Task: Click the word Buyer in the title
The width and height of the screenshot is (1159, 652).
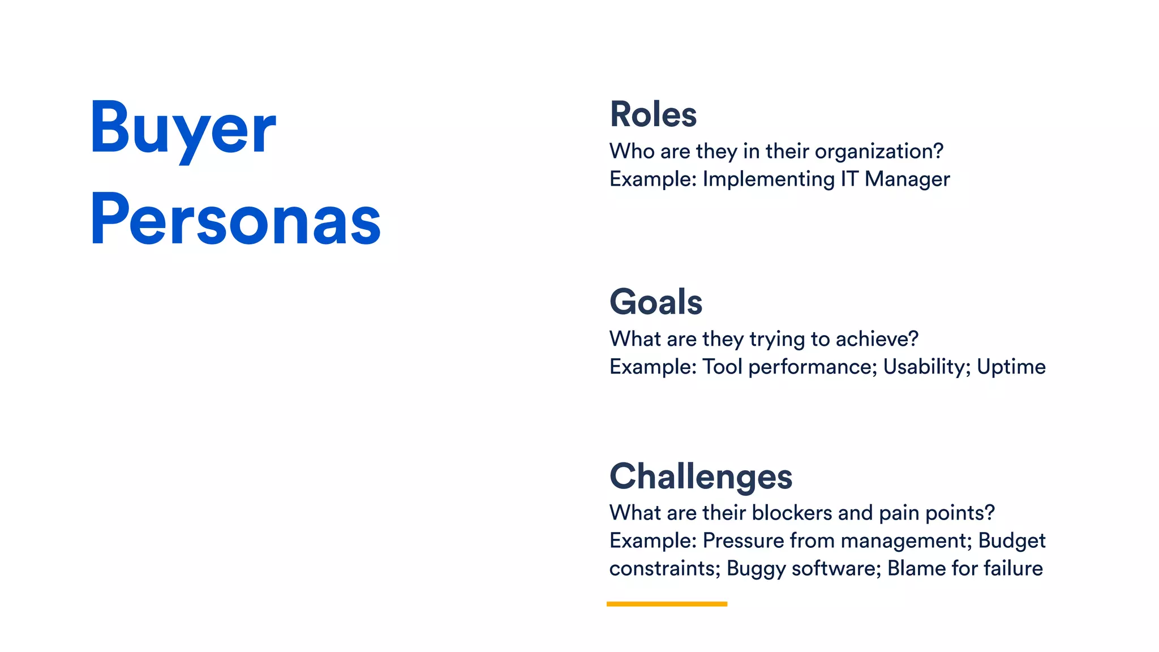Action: click(x=182, y=129)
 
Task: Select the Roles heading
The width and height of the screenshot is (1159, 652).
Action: click(x=653, y=114)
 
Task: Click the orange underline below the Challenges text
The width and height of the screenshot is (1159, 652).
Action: click(x=667, y=604)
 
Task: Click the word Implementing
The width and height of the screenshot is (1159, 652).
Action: click(x=769, y=179)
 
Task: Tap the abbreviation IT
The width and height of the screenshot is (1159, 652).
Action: click(x=849, y=179)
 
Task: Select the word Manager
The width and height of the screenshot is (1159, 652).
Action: click(x=907, y=179)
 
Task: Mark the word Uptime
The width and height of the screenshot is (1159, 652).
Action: click(x=1011, y=367)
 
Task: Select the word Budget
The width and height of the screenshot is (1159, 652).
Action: click(x=1011, y=541)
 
